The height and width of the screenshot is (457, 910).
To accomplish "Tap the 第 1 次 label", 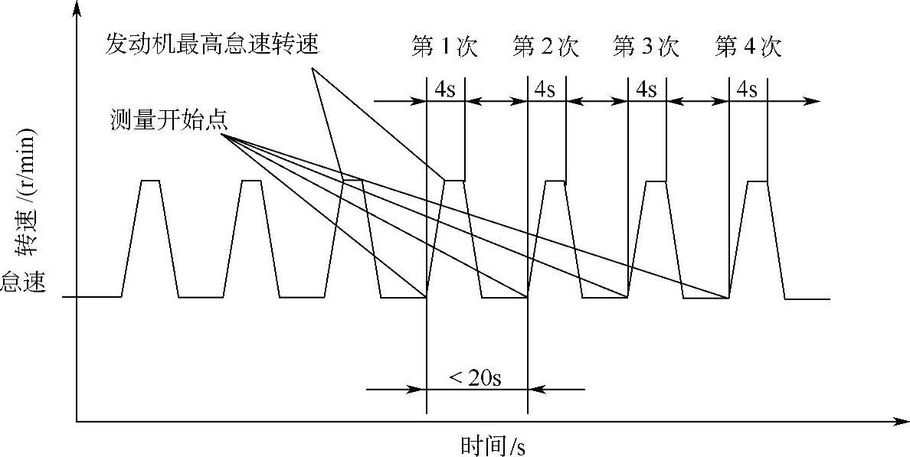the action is [x=444, y=47].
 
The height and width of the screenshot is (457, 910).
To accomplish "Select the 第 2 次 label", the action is [x=545, y=47].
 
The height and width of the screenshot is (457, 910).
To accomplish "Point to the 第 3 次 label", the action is [x=646, y=47].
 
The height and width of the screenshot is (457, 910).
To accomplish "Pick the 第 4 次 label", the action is [x=748, y=47].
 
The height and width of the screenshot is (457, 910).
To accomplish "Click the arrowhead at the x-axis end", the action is [x=902, y=421].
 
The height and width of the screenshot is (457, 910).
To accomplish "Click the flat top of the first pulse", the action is [x=150, y=181].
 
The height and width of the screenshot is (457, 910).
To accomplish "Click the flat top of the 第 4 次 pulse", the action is [x=757, y=181].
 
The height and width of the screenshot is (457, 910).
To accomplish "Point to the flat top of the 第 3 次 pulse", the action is [x=656, y=181].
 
